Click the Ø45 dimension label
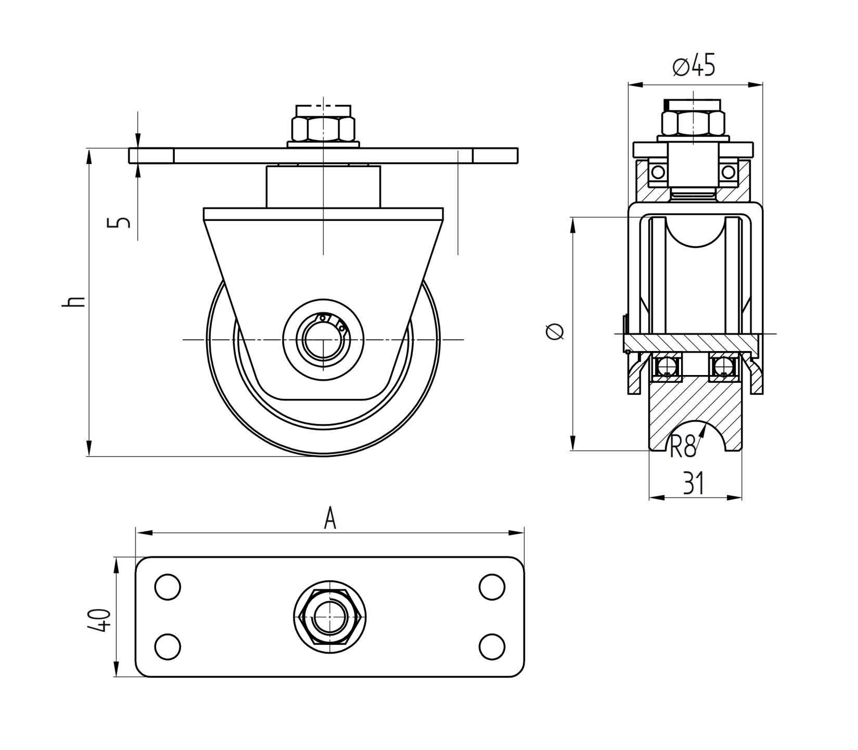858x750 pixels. click(694, 66)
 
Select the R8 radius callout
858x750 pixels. click(683, 446)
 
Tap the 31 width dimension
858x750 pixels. click(694, 484)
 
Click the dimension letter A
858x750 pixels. click(330, 519)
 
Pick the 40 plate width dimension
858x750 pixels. click(99, 620)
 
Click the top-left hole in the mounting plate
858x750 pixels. click(168, 587)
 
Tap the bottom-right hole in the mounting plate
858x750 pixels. click(492, 647)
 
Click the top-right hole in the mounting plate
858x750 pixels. click(492, 587)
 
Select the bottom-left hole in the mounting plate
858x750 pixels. click(168, 647)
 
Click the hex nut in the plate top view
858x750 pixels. click(330, 617)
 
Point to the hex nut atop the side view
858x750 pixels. click(323, 129)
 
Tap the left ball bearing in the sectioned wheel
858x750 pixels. click(666, 367)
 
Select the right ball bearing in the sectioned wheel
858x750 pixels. click(724, 367)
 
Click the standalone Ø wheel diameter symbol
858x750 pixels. click(555, 331)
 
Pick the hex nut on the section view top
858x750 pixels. click(693, 123)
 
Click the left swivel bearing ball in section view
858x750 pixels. click(658, 172)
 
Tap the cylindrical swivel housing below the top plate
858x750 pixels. click(323, 186)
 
